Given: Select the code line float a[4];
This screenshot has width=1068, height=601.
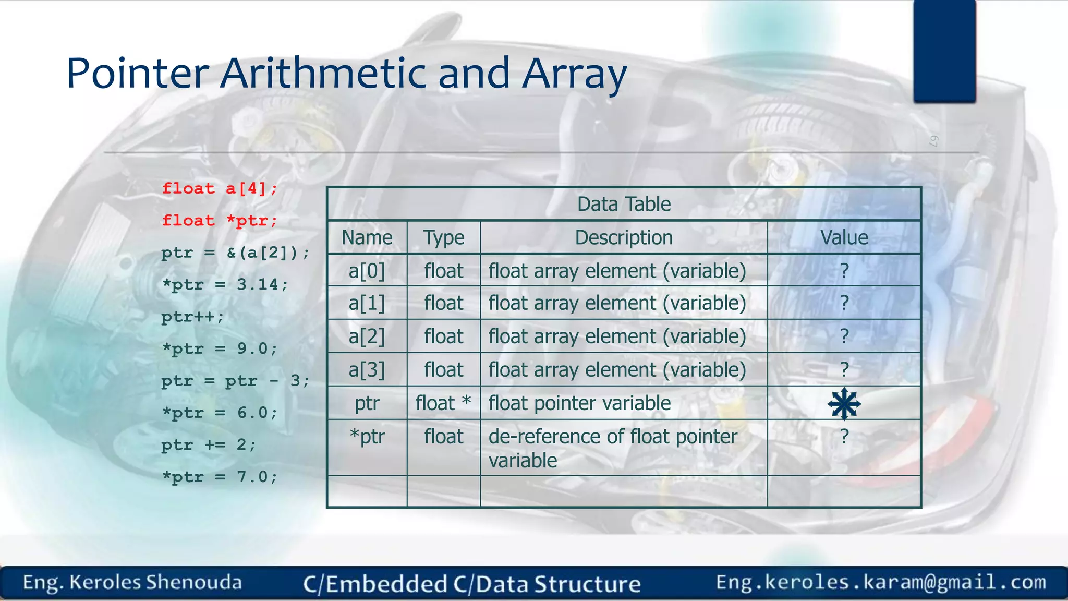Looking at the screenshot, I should pyautogui.click(x=220, y=188).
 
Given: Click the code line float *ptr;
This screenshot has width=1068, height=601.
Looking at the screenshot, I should pyautogui.click(x=220, y=221).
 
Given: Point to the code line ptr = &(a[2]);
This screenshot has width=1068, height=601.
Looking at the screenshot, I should pyautogui.click(x=235, y=253).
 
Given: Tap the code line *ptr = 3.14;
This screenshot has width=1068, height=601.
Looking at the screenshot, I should pyautogui.click(x=225, y=285).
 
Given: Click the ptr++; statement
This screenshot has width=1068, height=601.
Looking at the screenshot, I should pyautogui.click(x=192, y=317).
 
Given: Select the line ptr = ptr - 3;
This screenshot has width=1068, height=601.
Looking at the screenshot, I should pyautogui.click(x=235, y=381).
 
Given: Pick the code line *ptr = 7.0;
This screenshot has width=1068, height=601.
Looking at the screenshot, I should pyautogui.click(x=220, y=477).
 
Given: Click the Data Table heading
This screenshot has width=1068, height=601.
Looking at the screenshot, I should pyautogui.click(x=624, y=204).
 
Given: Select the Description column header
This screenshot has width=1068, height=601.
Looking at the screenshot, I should pyautogui.click(x=624, y=237).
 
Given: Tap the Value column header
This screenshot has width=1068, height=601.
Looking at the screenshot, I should pyautogui.click(x=844, y=237).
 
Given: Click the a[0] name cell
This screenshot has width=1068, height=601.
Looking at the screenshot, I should pyautogui.click(x=367, y=271).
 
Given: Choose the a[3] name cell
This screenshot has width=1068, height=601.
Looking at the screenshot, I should pyautogui.click(x=367, y=370).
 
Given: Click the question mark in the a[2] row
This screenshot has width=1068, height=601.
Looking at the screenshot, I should pyautogui.click(x=844, y=336).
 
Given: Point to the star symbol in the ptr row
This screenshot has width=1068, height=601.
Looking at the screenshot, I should pyautogui.click(x=844, y=403).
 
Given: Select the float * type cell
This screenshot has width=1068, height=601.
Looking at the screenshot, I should pyautogui.click(x=443, y=403).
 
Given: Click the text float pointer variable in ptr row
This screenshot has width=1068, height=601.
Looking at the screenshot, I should pyautogui.click(x=579, y=403).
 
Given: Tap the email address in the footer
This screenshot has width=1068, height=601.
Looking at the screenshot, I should pyautogui.click(x=881, y=582).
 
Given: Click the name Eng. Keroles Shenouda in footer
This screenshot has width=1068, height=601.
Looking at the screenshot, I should pyautogui.click(x=132, y=583).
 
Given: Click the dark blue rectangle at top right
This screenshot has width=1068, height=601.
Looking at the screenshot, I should pyautogui.click(x=944, y=51).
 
